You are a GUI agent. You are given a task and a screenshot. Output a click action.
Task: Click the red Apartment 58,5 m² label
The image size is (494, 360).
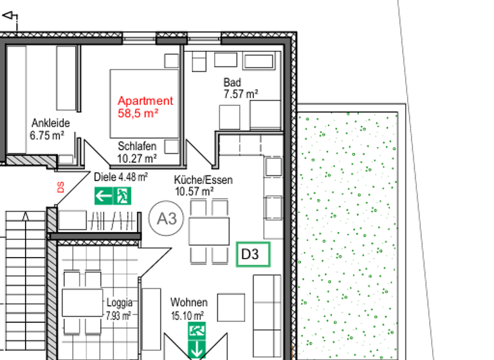click(x=145, y=107)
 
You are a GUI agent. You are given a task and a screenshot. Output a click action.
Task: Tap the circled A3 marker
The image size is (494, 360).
click(x=166, y=219)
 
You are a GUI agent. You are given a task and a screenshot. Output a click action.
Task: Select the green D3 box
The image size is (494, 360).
click(x=253, y=255)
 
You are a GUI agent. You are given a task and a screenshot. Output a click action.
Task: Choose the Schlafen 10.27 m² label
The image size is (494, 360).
click(x=137, y=152)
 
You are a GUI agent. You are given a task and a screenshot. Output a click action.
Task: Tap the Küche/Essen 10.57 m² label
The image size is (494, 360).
click(x=203, y=186)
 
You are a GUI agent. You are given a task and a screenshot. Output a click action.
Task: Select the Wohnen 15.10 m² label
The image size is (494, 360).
click(x=188, y=309)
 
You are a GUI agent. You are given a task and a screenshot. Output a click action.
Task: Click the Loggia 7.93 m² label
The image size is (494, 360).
click(x=120, y=309)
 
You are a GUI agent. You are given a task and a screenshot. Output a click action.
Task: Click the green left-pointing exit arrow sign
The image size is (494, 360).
click(x=104, y=196)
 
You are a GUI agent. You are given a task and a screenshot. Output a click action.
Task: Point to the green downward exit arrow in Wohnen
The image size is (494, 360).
click(x=197, y=350)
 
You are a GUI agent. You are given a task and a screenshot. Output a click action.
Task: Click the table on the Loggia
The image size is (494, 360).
click(x=82, y=303)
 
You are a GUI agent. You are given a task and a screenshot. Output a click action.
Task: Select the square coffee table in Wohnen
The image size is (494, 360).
click(x=230, y=307)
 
